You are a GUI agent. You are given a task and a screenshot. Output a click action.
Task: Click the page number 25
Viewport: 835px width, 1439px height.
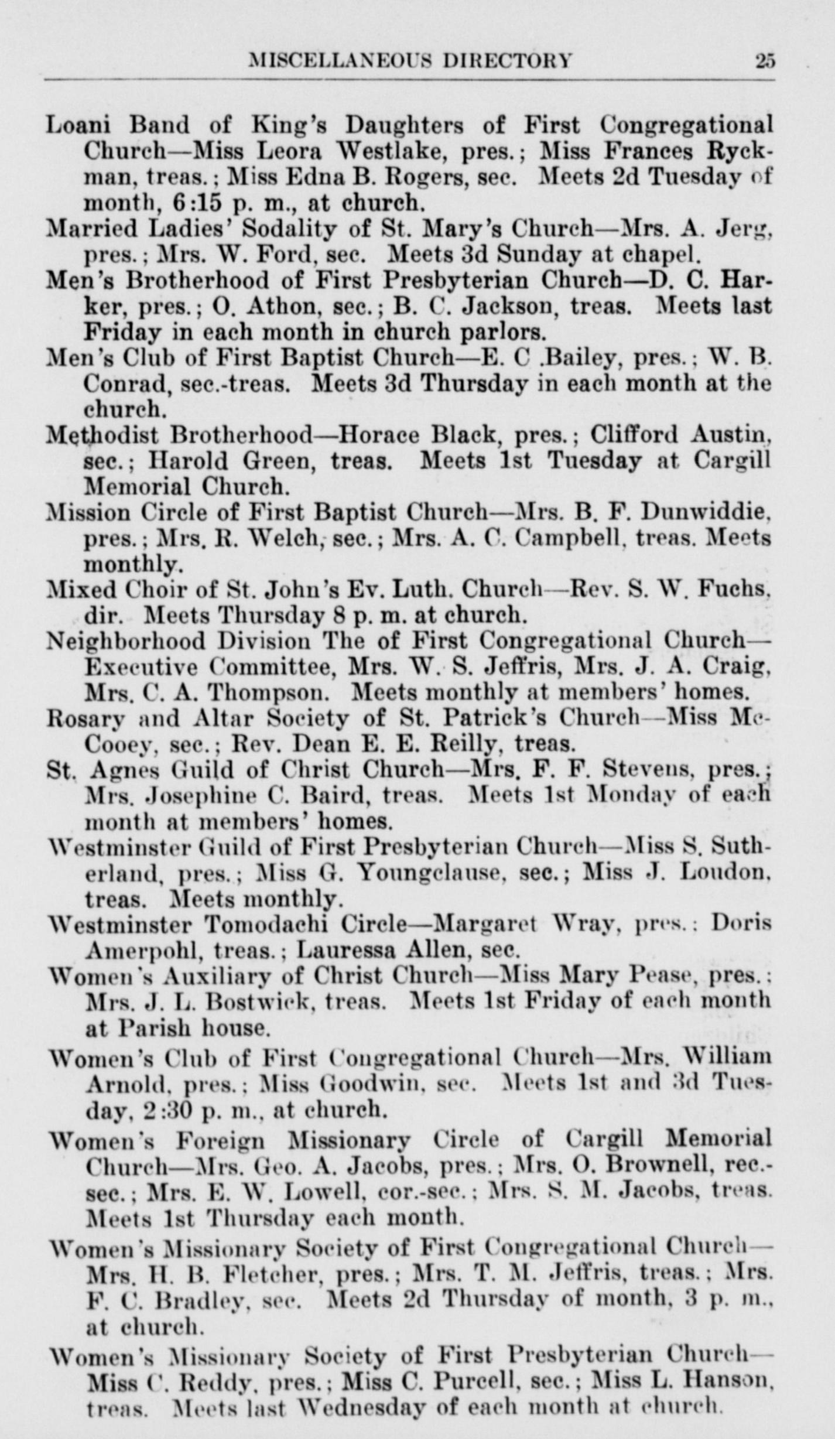[764, 60]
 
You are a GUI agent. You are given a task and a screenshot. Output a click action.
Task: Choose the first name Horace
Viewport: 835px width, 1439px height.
[377, 435]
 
